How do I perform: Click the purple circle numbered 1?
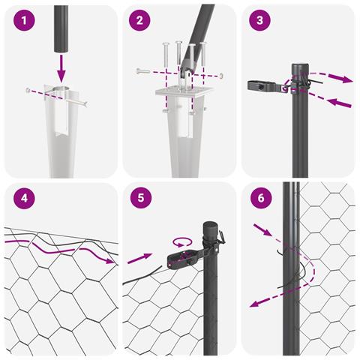click(x=24, y=20)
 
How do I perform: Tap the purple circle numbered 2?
click(x=139, y=20)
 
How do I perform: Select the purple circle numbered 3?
click(x=259, y=20)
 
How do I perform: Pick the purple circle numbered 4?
click(x=24, y=198)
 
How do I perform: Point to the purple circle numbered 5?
click(x=141, y=198)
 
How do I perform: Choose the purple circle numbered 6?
click(x=261, y=198)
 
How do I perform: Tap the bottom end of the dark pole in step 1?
click(x=61, y=51)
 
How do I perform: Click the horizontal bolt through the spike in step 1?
click(x=57, y=97)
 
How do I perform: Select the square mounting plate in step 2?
click(x=184, y=91)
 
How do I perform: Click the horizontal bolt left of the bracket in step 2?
click(x=143, y=71)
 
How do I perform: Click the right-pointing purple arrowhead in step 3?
click(x=345, y=79)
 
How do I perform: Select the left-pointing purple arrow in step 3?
click(x=339, y=103)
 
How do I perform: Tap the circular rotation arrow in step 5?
click(x=182, y=242)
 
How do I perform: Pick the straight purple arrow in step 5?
click(x=139, y=259)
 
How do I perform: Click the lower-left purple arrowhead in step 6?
click(x=254, y=304)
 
